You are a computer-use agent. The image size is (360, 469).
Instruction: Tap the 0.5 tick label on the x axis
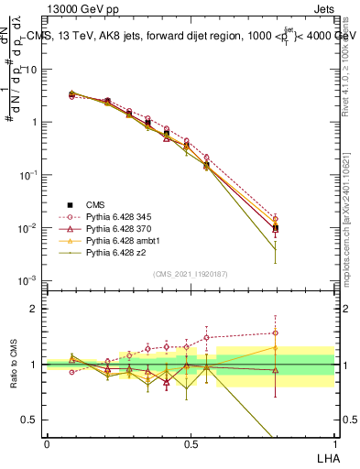coord(191,442)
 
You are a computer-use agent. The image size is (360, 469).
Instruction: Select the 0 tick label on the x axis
coord(47,442)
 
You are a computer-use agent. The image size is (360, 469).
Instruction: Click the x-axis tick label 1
coord(334,442)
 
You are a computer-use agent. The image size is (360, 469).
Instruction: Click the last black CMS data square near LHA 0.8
coord(276,228)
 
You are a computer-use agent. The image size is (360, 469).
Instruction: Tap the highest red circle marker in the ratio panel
coord(276,333)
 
